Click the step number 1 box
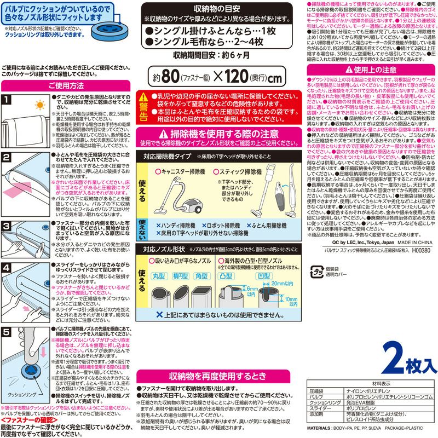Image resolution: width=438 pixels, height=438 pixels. (6, 100)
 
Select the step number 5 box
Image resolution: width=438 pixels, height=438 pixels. (6, 331)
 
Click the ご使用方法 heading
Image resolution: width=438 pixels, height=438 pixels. (66, 85)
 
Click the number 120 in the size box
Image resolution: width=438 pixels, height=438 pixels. (245, 76)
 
